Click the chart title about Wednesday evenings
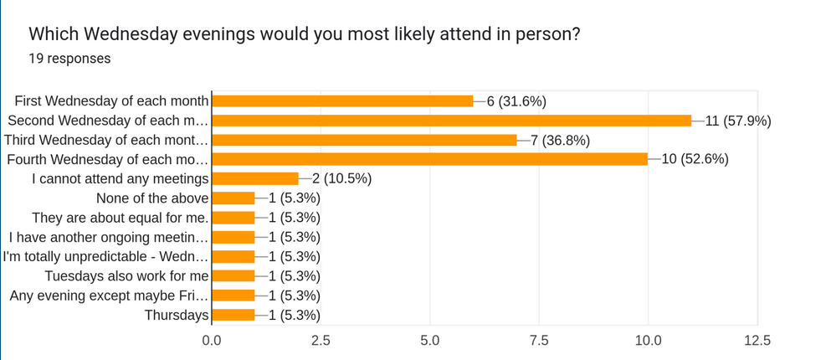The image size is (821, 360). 305,34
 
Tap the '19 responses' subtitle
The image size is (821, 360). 69,59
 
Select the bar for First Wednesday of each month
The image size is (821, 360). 342,101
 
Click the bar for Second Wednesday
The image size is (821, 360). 452,121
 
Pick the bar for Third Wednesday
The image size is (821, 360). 364,140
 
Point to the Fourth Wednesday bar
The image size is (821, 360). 429,159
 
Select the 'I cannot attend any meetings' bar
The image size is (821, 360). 255,178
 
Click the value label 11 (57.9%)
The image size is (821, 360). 737,121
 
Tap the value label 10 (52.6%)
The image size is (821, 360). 694,159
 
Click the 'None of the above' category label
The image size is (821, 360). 151,198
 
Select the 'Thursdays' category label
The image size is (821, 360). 176,315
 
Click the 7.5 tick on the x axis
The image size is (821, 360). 539,341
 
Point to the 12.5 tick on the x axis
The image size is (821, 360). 757,341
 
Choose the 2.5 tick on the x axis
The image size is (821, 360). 321,341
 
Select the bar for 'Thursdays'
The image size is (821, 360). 233,315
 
